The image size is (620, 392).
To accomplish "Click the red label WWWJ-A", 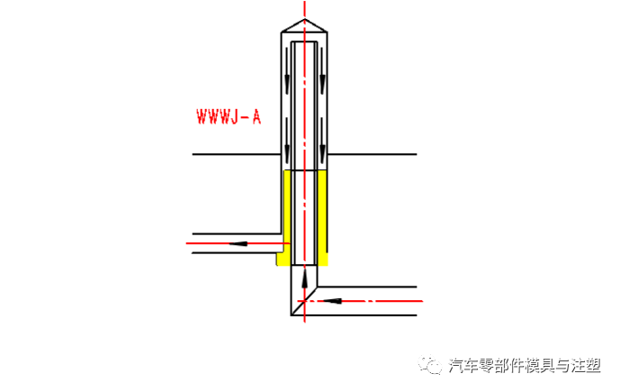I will pos(229,116).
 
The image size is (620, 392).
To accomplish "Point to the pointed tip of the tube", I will pos(304,20).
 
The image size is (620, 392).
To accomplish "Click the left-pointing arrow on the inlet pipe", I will pos(327,300).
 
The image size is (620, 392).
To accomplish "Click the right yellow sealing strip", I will pos(322,216).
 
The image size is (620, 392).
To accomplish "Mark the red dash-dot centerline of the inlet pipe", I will pos(378,300).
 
